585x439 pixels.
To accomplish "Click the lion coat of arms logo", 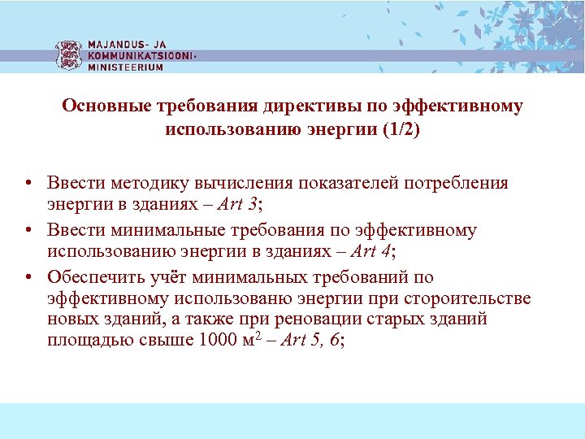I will tap(69, 54).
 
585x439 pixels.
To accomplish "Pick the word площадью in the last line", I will tap(85, 340).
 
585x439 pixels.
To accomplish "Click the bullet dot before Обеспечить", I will tap(28, 276).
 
